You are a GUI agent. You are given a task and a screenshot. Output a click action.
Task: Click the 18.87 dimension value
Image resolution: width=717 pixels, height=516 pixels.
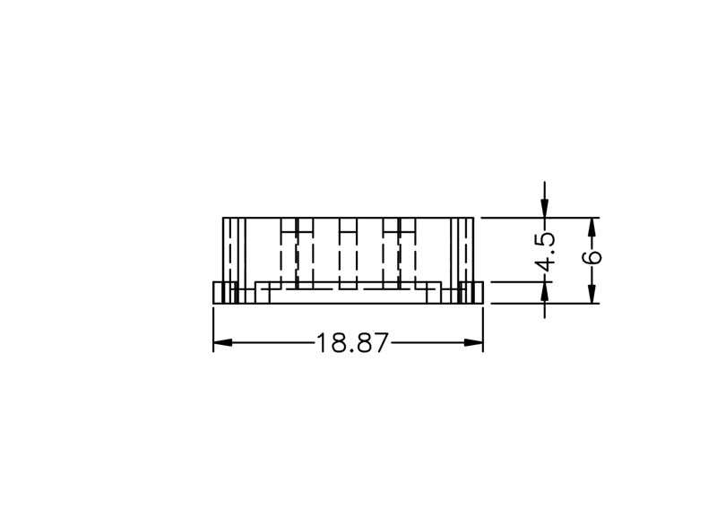pos(352,343)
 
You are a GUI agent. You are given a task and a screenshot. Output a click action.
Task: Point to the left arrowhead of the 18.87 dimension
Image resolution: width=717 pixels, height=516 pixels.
pos(222,343)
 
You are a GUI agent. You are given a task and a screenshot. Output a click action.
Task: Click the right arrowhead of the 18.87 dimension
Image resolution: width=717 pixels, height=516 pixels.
pos(474,343)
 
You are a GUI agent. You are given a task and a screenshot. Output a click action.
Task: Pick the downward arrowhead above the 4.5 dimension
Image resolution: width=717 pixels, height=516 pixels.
pos(544,209)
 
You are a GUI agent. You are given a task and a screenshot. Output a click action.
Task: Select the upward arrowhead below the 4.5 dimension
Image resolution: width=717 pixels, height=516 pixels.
pos(544,290)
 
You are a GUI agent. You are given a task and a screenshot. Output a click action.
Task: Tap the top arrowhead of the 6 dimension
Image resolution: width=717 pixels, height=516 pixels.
pos(592,228)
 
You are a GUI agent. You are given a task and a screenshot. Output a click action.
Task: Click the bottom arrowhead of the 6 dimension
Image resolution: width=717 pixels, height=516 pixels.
pos(592,294)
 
